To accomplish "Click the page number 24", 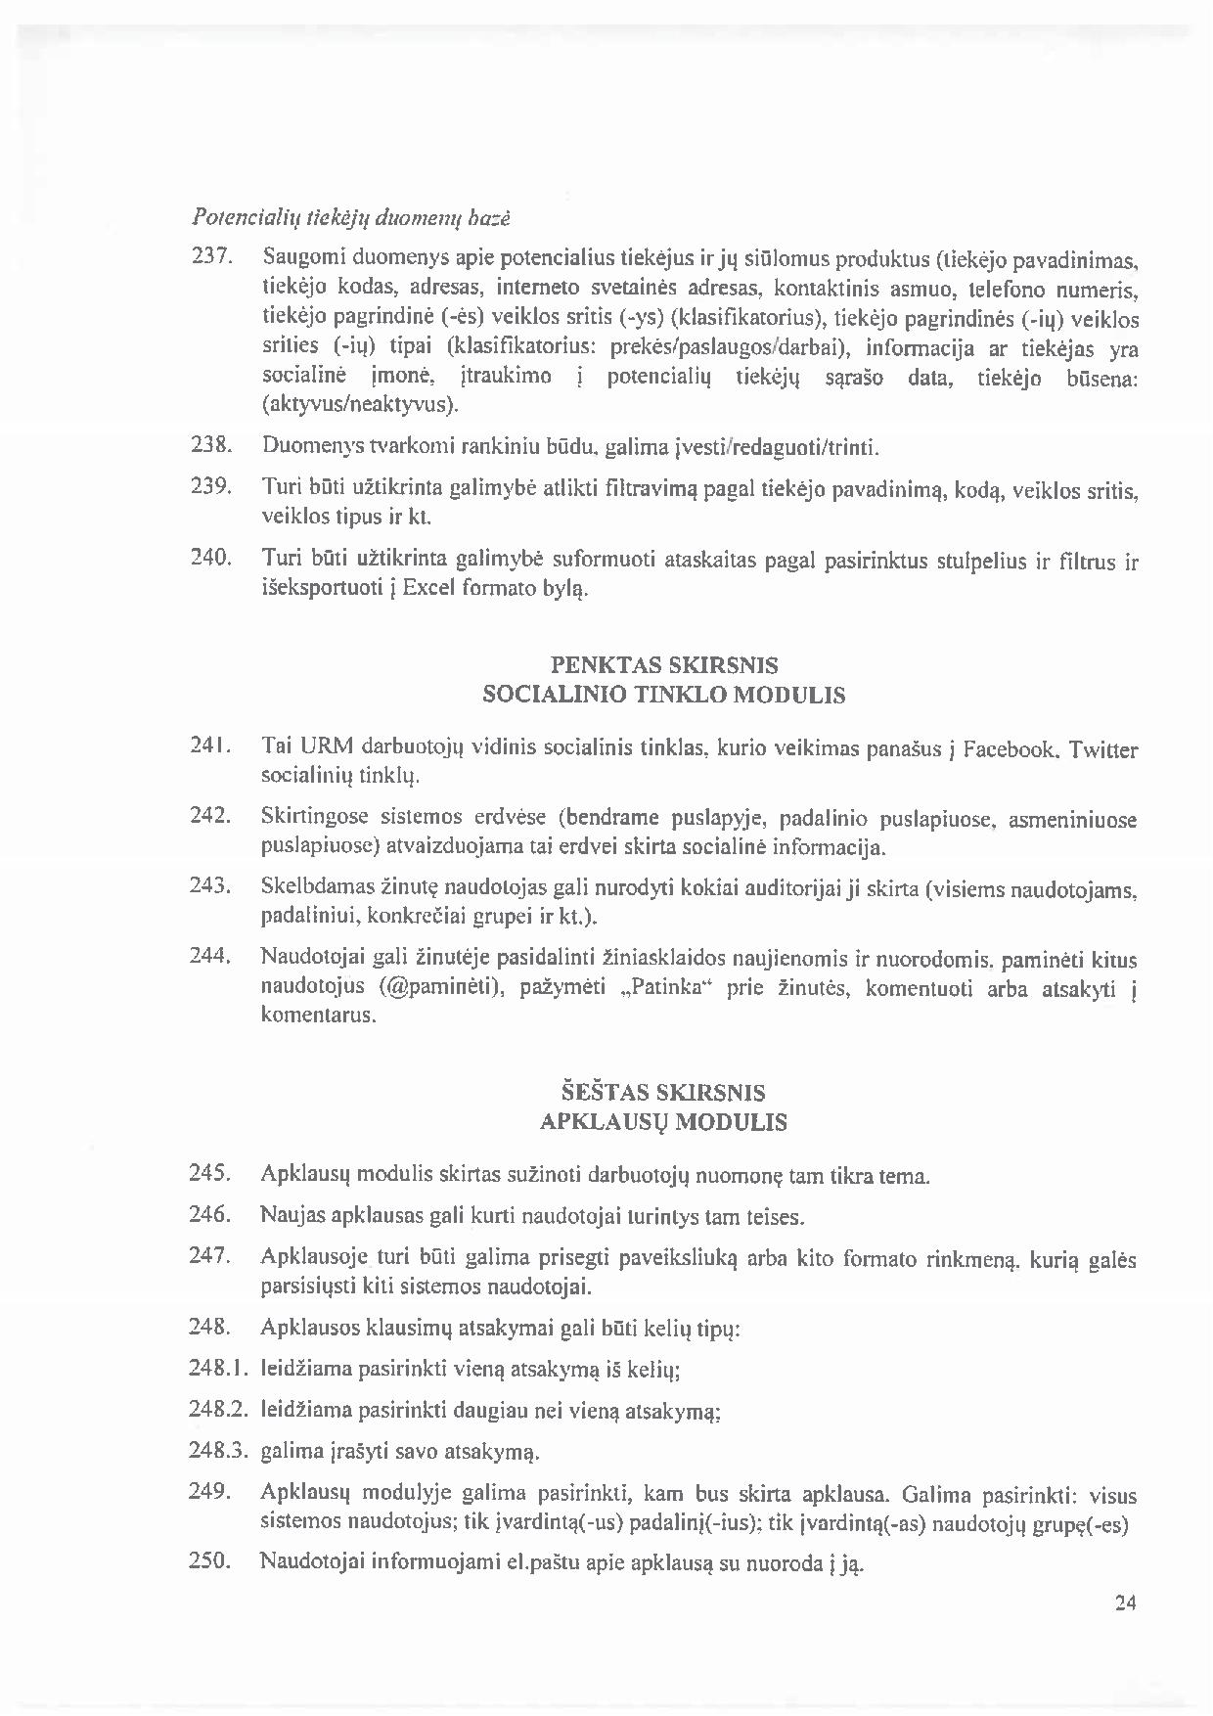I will click(1124, 1603).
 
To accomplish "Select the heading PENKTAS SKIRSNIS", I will click(664, 665).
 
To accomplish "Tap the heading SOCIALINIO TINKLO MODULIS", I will click(664, 696).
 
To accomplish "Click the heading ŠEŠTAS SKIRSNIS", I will click(663, 1092).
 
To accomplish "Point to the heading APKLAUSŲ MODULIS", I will click(663, 1122).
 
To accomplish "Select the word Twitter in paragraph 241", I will click(1103, 750).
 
